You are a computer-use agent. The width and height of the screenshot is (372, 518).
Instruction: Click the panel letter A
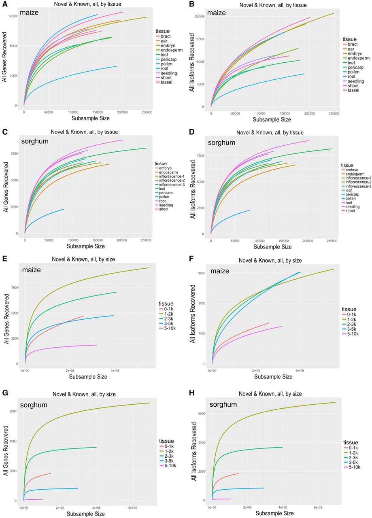coord(4,4)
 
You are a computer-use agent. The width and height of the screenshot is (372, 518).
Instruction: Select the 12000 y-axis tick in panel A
coord(13,16)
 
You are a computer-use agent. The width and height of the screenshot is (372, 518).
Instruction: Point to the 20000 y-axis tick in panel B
coord(199,17)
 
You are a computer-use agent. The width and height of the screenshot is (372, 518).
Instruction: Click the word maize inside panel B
coord(216,13)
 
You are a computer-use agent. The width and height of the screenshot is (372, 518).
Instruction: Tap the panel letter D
coord(192,132)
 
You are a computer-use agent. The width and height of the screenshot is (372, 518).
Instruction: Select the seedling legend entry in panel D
coord(350,207)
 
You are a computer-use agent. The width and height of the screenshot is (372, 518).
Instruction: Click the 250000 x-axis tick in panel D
coord(332,241)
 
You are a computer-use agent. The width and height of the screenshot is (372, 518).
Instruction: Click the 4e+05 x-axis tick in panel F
coord(300,371)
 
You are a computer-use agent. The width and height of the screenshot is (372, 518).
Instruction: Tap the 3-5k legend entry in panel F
coord(349,329)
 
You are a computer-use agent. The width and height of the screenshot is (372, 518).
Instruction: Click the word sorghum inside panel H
coord(223,404)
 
